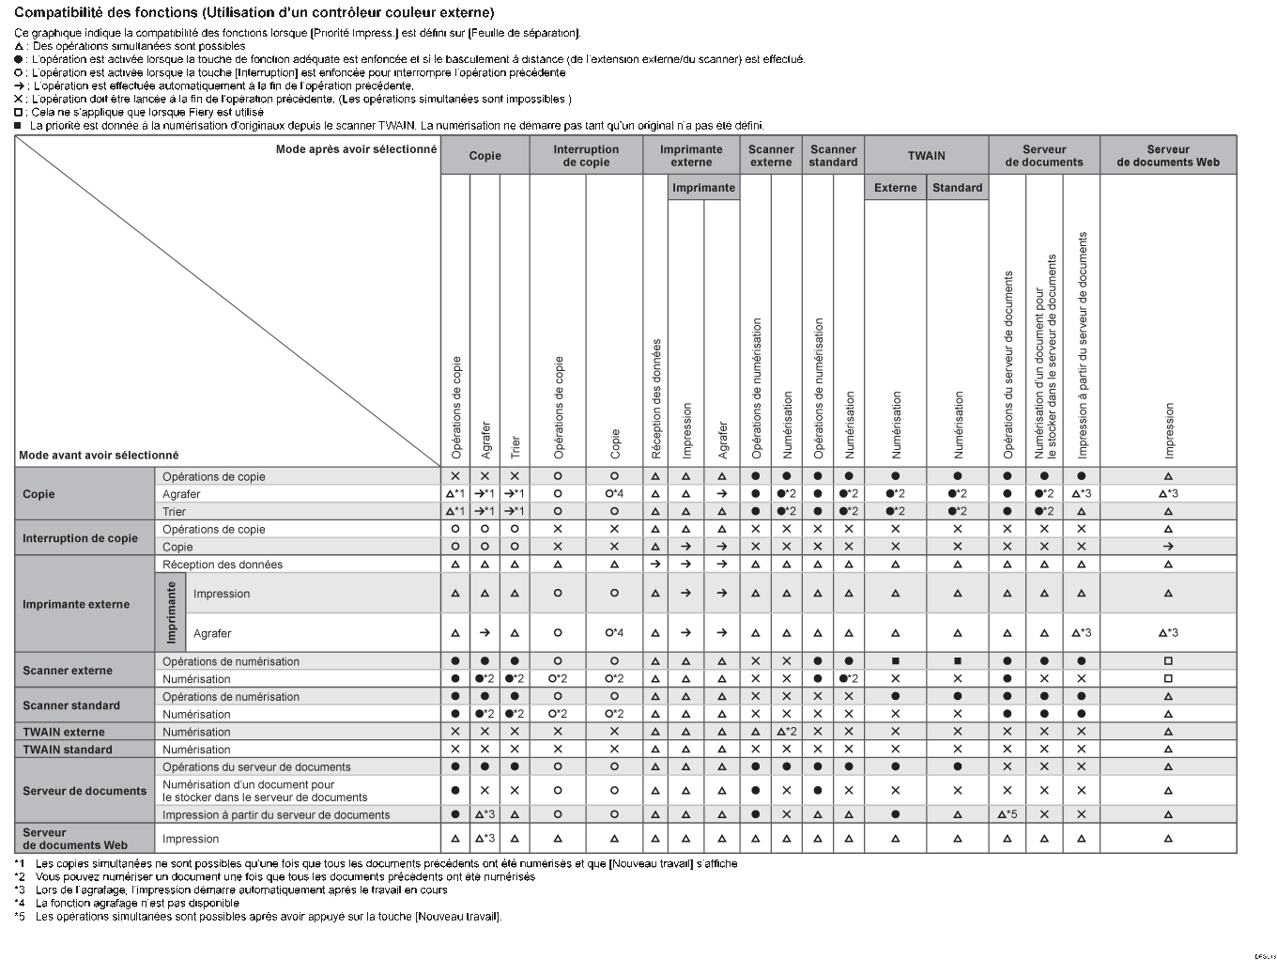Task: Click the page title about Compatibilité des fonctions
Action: (x=254, y=13)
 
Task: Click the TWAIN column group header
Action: (x=926, y=156)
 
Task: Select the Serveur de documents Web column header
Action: (x=1167, y=156)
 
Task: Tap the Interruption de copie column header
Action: (x=586, y=156)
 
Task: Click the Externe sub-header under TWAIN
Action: (x=895, y=188)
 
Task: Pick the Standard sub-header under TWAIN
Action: (x=957, y=188)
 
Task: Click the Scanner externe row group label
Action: (x=68, y=671)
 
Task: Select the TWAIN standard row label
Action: (x=68, y=750)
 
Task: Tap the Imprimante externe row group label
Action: (x=76, y=604)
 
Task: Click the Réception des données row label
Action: (x=223, y=565)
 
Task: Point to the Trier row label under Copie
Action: (x=175, y=512)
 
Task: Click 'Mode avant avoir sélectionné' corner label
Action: (x=99, y=456)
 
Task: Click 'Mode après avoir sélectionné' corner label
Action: (x=356, y=149)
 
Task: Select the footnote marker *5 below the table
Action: (x=20, y=917)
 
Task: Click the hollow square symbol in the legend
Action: (x=19, y=112)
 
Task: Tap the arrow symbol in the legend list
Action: (x=19, y=85)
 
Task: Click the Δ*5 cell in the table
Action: (x=1007, y=814)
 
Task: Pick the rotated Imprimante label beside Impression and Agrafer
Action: (x=171, y=612)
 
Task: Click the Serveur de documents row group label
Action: (x=85, y=791)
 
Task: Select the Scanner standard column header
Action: (x=833, y=156)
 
